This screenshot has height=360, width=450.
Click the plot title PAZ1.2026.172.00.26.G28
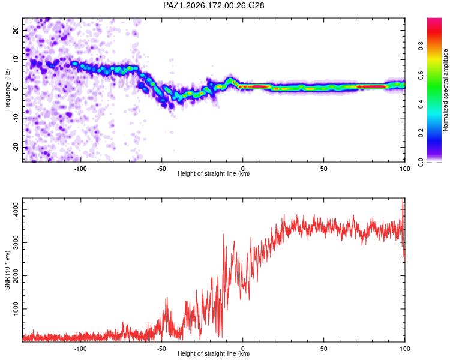[x=214, y=5]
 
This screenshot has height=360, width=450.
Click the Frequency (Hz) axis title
[x=7, y=90]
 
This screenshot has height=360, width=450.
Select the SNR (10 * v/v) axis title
[x=7, y=270]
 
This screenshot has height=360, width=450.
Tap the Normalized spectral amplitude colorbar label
[x=445, y=90]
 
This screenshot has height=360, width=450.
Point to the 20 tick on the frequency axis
[x=16, y=30]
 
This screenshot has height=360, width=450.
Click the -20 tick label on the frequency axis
[x=16, y=148]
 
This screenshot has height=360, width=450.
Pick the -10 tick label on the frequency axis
[x=16, y=118]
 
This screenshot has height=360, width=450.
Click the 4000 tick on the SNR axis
[x=16, y=209]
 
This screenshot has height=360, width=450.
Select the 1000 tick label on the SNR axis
[x=16, y=309]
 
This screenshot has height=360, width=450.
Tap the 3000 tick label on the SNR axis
[x=16, y=242]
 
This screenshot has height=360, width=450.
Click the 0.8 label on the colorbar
[x=421, y=46]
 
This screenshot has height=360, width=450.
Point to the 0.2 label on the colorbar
[x=421, y=133]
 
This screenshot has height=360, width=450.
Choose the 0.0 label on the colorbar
[x=421, y=162]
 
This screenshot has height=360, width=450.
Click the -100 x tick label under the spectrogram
[x=80, y=169]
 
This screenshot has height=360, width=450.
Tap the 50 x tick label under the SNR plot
[x=324, y=349]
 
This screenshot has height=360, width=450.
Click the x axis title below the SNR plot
[x=214, y=353]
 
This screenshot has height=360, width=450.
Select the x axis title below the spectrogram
[x=214, y=173]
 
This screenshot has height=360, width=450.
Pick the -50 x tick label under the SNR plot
[x=161, y=349]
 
